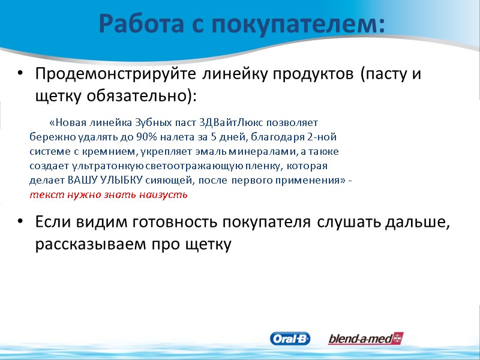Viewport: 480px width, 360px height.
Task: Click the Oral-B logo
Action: [x=290, y=339]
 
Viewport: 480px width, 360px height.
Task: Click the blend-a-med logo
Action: [x=365, y=339]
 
